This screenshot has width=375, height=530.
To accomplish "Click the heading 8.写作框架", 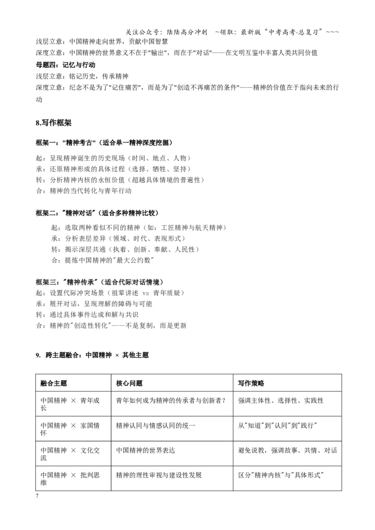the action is (x=53, y=123).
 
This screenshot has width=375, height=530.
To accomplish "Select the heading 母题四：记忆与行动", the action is (x=65, y=65).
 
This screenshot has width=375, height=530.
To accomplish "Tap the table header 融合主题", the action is (x=53, y=383).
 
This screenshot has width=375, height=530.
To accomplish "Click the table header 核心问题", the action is (x=129, y=383).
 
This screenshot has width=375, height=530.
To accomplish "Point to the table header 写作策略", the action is (x=251, y=383).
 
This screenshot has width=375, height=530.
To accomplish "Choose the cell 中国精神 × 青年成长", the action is (x=70, y=404).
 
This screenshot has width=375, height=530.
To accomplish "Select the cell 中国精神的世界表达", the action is (x=145, y=450).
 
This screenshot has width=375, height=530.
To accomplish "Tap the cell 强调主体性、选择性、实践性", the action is (x=281, y=400).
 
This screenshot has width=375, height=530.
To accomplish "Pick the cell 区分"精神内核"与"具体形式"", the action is (x=281, y=475).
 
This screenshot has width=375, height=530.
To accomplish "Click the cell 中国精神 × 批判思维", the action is (x=70, y=478).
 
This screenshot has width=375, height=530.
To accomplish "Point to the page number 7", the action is (x=37, y=496).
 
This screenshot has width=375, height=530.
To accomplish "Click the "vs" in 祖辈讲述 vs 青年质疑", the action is (x=145, y=293).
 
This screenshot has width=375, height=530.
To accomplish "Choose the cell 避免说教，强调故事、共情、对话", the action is (x=287, y=450).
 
